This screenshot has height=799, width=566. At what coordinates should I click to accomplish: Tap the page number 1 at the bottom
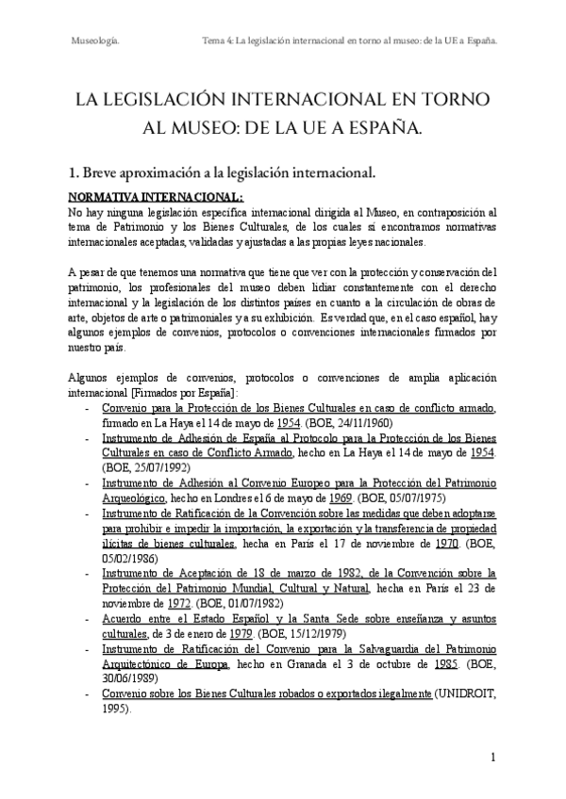[492, 758]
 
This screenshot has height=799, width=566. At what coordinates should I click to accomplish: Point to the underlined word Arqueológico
[135, 497]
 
